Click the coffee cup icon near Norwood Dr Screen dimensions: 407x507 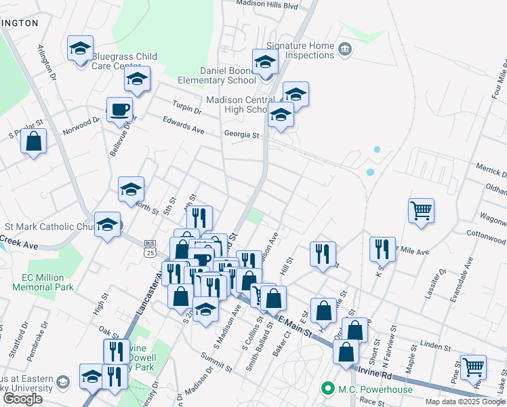119,109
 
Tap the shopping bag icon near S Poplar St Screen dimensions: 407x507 33,142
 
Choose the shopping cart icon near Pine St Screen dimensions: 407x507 472,367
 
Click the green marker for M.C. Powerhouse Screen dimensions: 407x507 328,389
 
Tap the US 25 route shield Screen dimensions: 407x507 150,248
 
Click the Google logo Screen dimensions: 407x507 22,399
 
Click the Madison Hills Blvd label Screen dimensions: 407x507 267,4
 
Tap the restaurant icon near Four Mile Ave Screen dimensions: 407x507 382,249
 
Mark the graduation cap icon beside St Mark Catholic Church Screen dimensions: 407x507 107,227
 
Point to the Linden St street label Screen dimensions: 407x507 436,345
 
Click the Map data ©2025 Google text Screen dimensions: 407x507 465,402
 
